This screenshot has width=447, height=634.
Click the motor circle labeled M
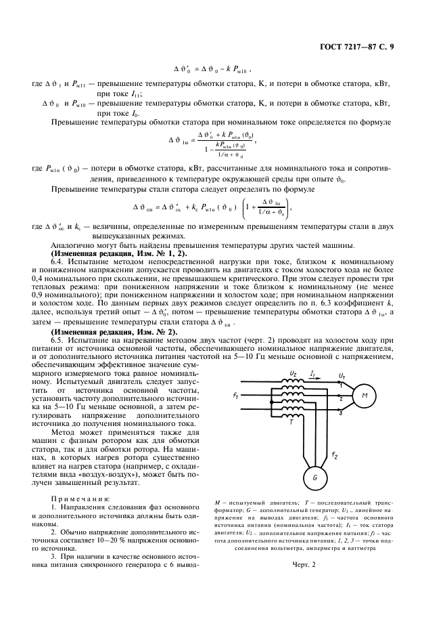pyautogui.click(x=364, y=396)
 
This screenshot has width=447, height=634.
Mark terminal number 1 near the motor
pyautogui.click(x=341, y=384)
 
